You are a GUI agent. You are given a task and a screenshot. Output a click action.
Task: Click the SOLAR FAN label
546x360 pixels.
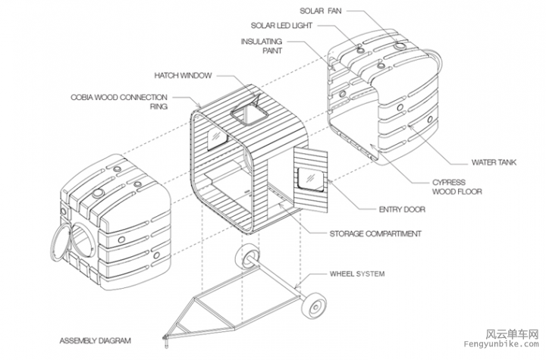click(x=321, y=11)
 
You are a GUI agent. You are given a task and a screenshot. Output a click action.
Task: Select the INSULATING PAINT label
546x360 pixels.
click(x=262, y=46)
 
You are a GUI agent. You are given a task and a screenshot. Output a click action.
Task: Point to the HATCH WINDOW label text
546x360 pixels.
click(x=183, y=75)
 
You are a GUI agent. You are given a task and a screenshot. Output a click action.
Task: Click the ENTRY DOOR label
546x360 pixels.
click(x=400, y=210)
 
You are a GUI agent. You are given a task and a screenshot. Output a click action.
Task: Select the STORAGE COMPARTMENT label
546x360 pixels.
click(x=377, y=233)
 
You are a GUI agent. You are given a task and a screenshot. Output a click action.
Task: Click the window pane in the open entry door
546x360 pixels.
click(x=312, y=180)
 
